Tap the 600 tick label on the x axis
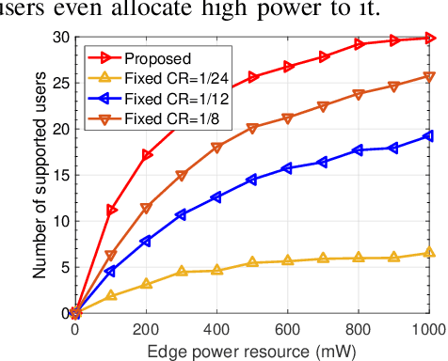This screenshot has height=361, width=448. [x=288, y=330]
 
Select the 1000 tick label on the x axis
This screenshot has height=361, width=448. [x=427, y=330]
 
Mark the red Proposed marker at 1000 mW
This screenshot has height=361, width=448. [x=429, y=38]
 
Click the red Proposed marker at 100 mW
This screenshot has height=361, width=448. [x=112, y=211]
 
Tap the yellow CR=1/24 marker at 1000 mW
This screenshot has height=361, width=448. [x=429, y=252]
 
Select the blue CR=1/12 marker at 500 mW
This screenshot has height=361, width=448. [x=252, y=180]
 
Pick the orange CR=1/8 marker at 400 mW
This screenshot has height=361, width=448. [x=217, y=148]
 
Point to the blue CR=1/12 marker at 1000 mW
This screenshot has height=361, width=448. [x=429, y=136]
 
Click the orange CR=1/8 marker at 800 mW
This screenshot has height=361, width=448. [x=359, y=94]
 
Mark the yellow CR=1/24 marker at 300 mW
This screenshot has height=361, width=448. [x=182, y=272]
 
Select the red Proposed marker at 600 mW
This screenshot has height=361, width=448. [x=288, y=68]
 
